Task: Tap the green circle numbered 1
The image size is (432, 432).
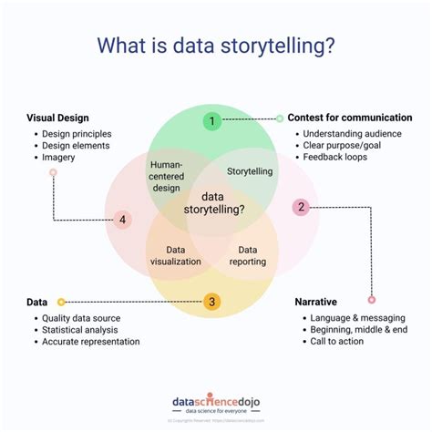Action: (211, 120)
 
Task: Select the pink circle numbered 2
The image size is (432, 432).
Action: (301, 207)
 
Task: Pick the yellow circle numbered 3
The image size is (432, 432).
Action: (211, 302)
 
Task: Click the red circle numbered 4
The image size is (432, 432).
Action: (121, 220)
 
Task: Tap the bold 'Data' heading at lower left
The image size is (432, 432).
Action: (37, 301)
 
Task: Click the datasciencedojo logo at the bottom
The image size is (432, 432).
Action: (215, 402)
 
